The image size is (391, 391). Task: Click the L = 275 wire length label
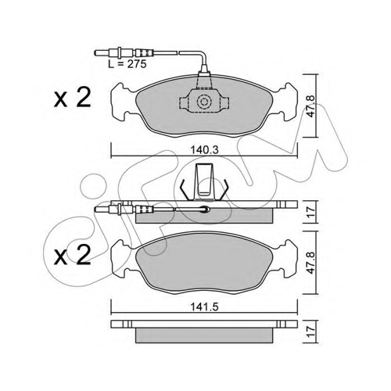127,64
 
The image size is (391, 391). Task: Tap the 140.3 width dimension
204,150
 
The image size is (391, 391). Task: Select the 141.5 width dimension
204,307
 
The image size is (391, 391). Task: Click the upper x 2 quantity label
72,98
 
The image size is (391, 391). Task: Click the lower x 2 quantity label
72,255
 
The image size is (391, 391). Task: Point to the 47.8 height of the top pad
310,106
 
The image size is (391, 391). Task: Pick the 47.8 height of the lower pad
310,263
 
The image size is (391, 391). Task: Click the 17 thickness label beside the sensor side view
310,212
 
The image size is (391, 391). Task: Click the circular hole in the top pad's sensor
204,102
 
